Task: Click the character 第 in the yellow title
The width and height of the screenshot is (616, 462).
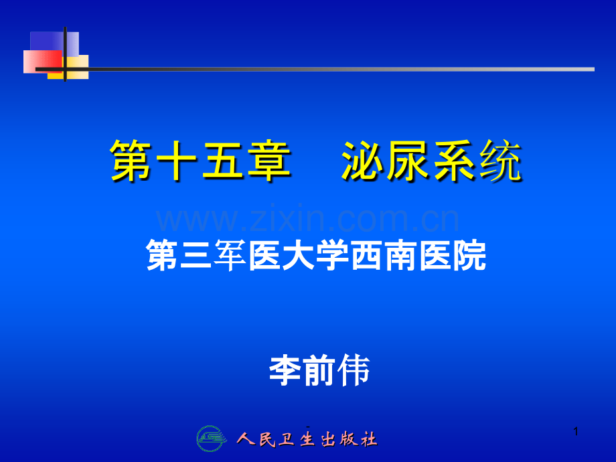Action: pyautogui.click(x=131, y=160)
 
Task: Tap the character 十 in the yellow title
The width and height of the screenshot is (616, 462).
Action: pyautogui.click(x=176, y=160)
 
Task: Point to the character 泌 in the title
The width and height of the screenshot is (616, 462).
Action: pyautogui.click(x=362, y=160)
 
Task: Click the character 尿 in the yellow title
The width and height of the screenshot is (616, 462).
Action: pyautogui.click(x=408, y=160)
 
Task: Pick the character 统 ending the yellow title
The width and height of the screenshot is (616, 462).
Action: pyautogui.click(x=500, y=160)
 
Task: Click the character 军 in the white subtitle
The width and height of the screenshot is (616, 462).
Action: pyautogui.click(x=230, y=255)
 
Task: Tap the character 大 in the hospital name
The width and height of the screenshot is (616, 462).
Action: pyautogui.click(x=299, y=255)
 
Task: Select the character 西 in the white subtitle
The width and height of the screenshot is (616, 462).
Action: pyautogui.click(x=367, y=255)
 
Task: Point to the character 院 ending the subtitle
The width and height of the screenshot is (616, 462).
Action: pyautogui.click(x=469, y=255)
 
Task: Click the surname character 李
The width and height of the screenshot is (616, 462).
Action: pyautogui.click(x=285, y=370)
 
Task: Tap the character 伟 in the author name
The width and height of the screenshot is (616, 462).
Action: pyautogui.click(x=354, y=370)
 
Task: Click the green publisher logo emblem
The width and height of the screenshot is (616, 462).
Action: pyautogui.click(x=212, y=438)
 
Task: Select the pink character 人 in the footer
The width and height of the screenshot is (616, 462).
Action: pyautogui.click(x=246, y=439)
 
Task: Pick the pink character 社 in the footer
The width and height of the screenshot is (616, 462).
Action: pyautogui.click(x=369, y=439)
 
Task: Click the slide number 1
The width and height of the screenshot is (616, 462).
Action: pyautogui.click(x=576, y=431)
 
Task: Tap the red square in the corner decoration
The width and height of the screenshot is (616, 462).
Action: pyautogui.click(x=42, y=62)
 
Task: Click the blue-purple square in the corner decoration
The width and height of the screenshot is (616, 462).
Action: pyautogui.click(x=54, y=44)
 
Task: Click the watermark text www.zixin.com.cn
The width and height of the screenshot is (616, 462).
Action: pyautogui.click(x=307, y=219)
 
